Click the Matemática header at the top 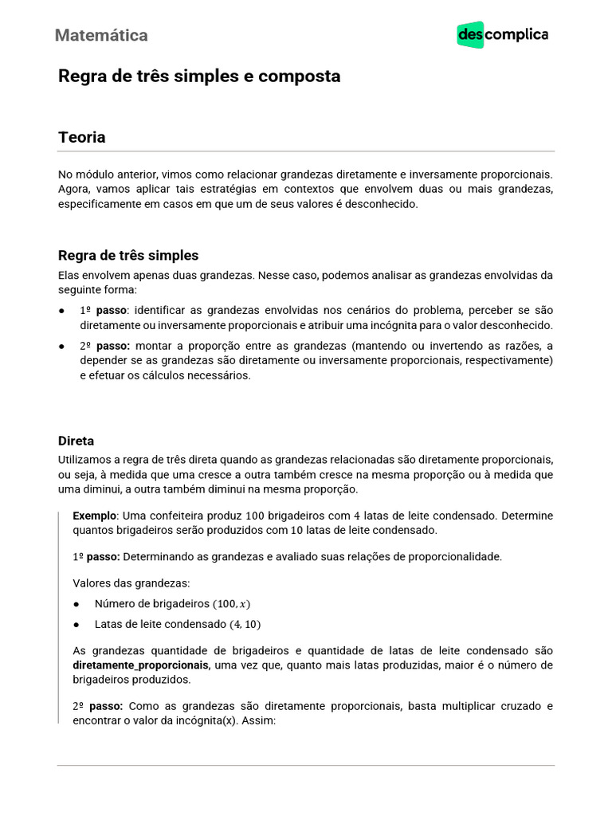click(x=101, y=35)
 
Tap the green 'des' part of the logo click(x=470, y=35)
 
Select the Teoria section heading click(x=81, y=137)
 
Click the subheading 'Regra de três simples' click(x=128, y=255)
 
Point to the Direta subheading click(x=76, y=440)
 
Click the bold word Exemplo click(x=94, y=516)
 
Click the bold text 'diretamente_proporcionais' click(x=141, y=665)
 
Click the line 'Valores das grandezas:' click(x=131, y=583)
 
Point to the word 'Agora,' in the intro click(x=74, y=189)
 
